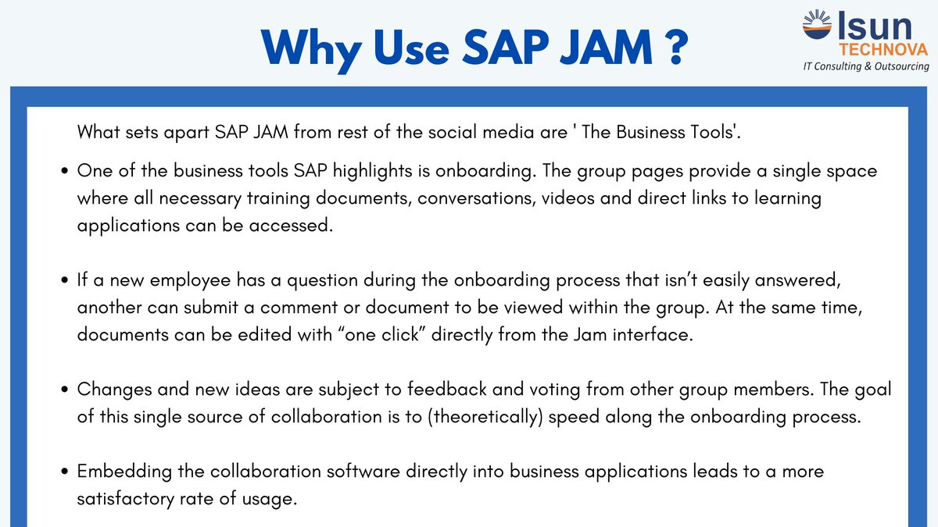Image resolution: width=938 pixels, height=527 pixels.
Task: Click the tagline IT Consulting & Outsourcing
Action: pyautogui.click(x=866, y=67)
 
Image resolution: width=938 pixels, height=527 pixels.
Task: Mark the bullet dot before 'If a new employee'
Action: pyautogui.click(x=66, y=280)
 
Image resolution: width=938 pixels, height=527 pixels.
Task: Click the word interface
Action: pyautogui.click(x=657, y=335)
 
